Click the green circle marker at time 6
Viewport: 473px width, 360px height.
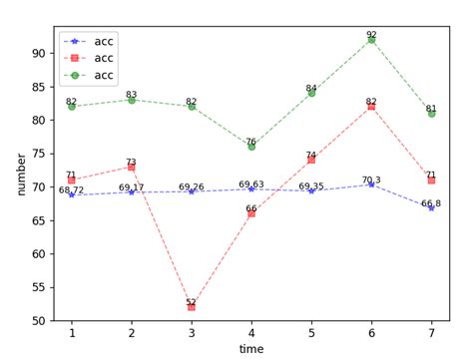pos(371,40)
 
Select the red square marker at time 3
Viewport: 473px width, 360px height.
pos(192,307)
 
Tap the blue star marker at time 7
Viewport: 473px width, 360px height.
pos(431,208)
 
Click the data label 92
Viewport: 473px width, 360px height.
pos(371,34)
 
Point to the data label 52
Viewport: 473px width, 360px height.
pos(192,301)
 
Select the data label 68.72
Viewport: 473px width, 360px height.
pos(71,189)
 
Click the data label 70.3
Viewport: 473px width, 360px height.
pos(371,180)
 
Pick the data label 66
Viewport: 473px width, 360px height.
pos(251,207)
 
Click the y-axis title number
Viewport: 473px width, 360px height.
pos(21,175)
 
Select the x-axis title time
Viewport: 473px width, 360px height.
pos(251,348)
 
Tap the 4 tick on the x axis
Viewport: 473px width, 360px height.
pos(251,330)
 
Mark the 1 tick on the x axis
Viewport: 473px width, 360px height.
pos(71,330)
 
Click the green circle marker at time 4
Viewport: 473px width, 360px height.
pos(251,147)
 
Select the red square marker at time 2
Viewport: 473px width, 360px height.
pos(132,167)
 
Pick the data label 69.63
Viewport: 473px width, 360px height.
pos(251,184)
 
